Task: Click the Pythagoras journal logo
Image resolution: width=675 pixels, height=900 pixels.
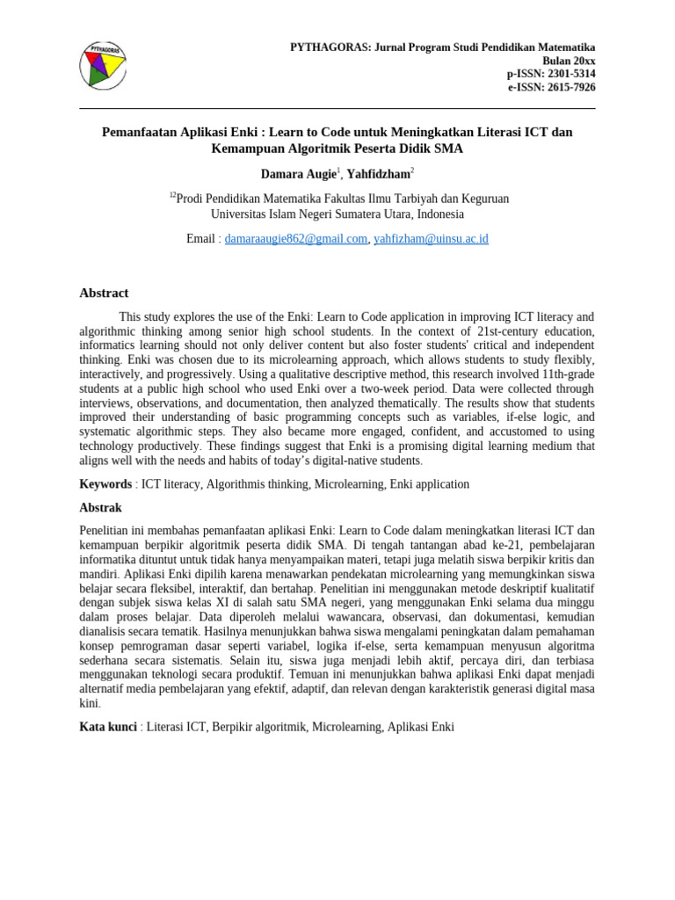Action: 103,65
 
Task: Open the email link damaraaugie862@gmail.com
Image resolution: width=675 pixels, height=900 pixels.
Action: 295,239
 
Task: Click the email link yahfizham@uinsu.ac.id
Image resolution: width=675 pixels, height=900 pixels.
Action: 431,239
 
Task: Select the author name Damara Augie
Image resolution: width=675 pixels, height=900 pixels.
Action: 298,175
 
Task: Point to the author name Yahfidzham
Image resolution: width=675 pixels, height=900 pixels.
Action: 377,175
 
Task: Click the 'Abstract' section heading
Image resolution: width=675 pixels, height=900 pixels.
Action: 104,294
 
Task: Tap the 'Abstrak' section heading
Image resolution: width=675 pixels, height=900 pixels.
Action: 100,508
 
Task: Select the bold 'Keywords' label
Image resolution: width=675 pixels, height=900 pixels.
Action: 105,484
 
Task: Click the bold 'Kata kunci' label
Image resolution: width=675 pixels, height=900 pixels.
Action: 108,727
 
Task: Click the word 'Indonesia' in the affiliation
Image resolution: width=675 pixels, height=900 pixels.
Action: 440,214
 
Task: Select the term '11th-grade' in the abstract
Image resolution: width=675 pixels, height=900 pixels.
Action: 566,374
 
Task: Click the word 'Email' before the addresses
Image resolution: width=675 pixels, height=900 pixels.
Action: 200,239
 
